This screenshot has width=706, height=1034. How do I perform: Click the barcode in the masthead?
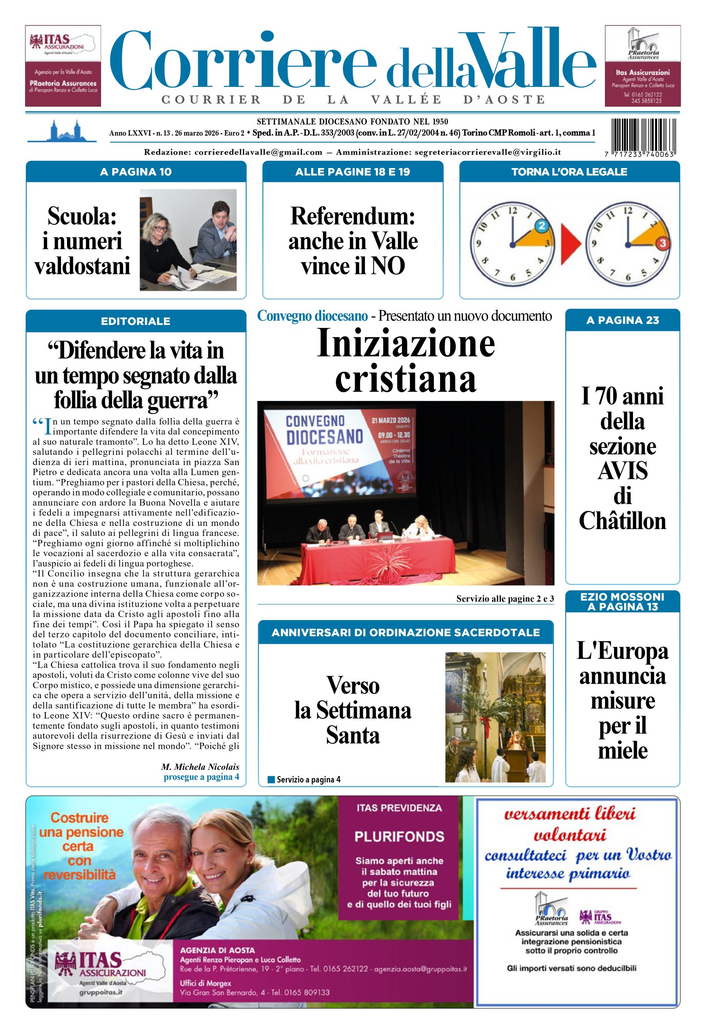click(643, 135)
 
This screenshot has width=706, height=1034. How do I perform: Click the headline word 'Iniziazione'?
click(405, 343)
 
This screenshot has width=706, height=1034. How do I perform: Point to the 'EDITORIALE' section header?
click(136, 321)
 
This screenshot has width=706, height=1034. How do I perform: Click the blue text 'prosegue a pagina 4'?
click(201, 776)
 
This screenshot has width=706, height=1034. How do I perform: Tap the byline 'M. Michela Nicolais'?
click(200, 767)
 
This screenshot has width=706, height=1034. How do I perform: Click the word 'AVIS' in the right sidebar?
click(622, 471)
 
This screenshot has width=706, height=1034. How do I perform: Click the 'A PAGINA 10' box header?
click(136, 172)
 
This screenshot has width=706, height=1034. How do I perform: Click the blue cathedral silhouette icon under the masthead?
click(62, 131)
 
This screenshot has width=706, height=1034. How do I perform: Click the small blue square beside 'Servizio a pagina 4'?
click(271, 780)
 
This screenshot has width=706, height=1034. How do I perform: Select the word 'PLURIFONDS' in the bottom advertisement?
click(399, 836)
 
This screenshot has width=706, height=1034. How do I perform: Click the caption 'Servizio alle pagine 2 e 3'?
click(505, 599)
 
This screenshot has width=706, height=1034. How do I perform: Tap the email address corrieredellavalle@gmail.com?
click(258, 152)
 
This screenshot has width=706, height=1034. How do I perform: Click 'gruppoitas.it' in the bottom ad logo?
click(101, 992)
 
